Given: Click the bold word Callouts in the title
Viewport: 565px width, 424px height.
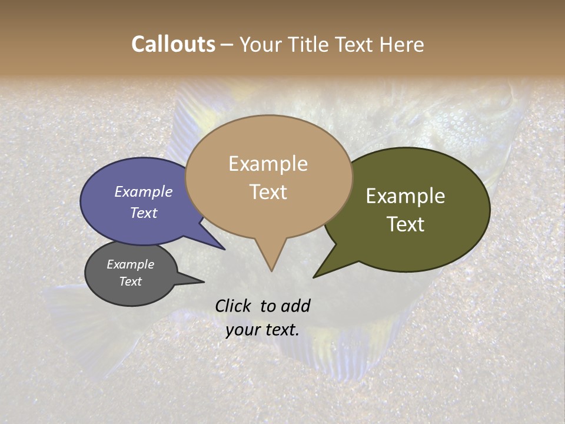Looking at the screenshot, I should click(174, 44).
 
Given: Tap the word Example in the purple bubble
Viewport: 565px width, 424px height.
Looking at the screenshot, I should click(144, 191).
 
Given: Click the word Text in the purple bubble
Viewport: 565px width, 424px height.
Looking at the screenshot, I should click(144, 213).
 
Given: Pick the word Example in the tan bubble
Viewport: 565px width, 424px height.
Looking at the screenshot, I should click(268, 164).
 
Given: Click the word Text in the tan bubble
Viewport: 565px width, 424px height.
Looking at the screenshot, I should click(268, 192).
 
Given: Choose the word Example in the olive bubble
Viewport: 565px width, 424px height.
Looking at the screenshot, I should click(406, 196).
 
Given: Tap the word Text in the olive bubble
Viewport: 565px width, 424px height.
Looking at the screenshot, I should click(406, 224).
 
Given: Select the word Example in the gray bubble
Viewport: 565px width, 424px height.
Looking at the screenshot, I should click(131, 264).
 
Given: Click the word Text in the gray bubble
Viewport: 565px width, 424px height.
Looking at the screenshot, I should click(131, 281).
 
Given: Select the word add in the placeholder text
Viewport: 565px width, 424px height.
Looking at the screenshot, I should click(295, 306).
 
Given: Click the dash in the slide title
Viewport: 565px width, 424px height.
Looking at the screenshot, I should click(227, 45).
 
